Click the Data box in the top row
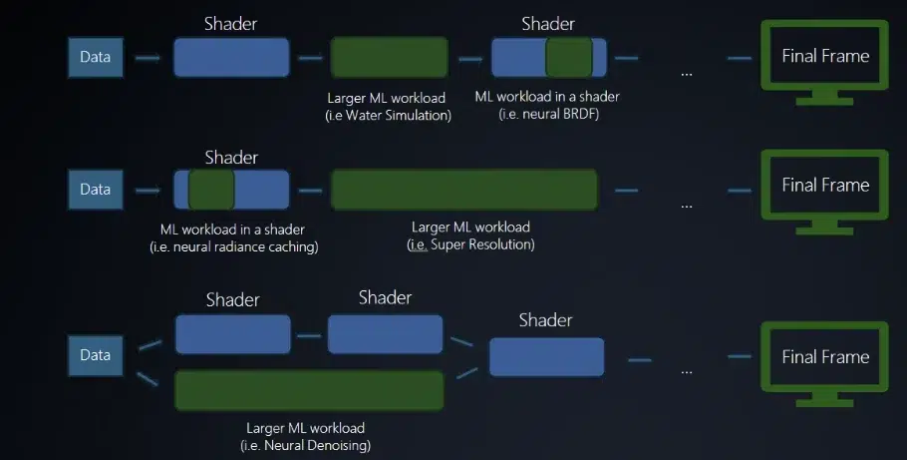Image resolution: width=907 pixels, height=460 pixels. [96, 58]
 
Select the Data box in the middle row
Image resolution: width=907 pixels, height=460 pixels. [96, 189]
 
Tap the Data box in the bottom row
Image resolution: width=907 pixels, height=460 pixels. [96, 355]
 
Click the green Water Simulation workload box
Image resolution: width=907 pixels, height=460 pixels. [388, 58]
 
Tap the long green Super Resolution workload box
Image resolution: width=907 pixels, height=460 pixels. [463, 189]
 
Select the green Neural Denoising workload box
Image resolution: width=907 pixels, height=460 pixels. [309, 390]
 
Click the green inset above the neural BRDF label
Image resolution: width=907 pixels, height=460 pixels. [569, 58]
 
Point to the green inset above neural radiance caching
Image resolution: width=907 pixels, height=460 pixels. [210, 189]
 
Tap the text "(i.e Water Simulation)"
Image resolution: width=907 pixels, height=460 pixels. [389, 116]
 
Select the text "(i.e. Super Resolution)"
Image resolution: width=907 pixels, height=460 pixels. [471, 244]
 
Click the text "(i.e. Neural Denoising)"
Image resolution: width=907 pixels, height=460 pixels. [311, 445]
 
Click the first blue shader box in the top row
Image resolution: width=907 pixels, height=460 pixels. [231, 58]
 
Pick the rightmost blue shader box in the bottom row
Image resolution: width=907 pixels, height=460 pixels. [546, 356]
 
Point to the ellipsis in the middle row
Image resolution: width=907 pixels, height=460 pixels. [686, 205]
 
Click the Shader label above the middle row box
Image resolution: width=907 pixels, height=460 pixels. [231, 158]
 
